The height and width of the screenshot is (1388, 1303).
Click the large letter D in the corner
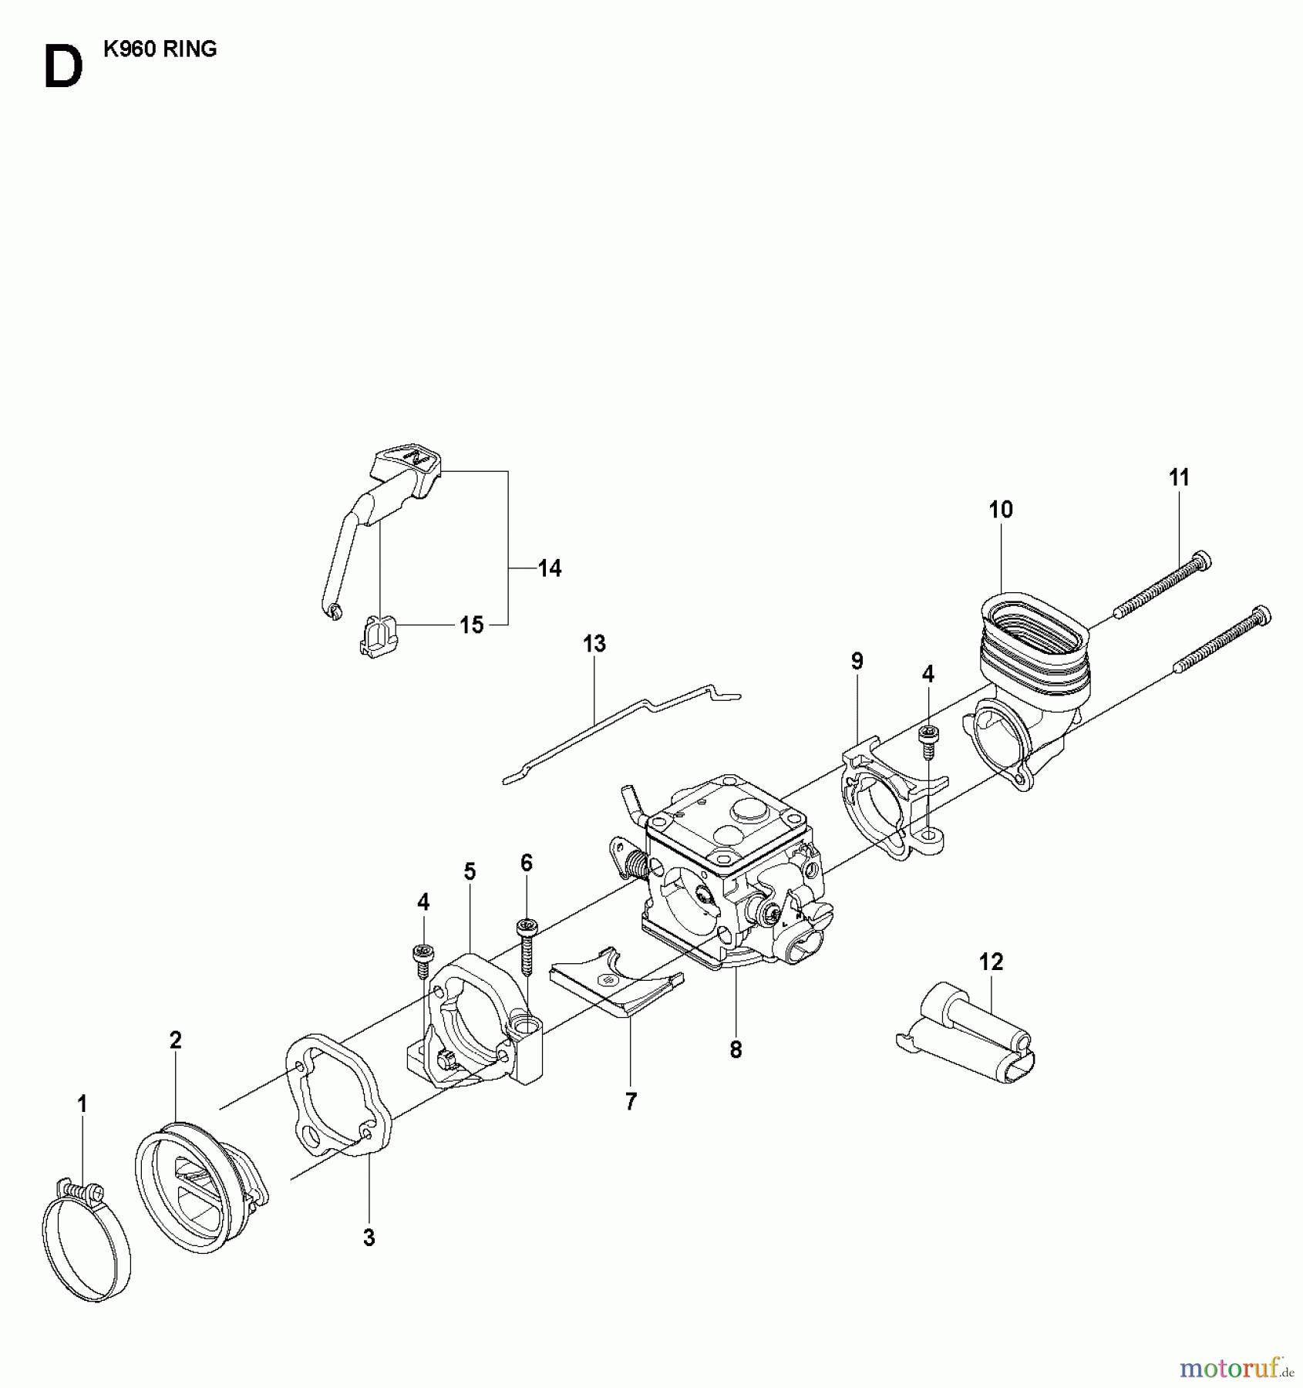[x=63, y=68]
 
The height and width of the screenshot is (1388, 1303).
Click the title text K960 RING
[x=160, y=49]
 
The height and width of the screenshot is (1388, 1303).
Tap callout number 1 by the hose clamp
[x=82, y=1105]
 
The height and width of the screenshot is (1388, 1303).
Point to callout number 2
[x=176, y=1040]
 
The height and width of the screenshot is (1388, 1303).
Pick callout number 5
[x=470, y=872]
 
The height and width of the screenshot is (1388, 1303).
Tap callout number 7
[x=631, y=1103]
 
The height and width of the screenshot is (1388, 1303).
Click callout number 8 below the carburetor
[x=736, y=1049]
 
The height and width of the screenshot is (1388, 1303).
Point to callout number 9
[x=857, y=661]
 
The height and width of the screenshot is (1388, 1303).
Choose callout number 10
[x=1001, y=510]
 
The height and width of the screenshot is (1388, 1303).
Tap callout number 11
[x=1179, y=478]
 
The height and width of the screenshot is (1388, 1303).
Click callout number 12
[x=992, y=962]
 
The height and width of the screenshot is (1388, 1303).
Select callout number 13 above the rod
[x=594, y=644]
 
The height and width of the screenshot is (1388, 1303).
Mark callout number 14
[x=550, y=569]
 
